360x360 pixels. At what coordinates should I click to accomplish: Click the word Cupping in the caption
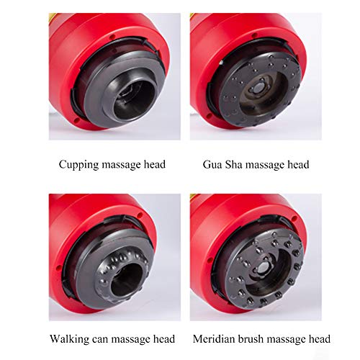click(78, 165)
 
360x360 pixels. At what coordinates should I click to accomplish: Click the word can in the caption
click(100, 338)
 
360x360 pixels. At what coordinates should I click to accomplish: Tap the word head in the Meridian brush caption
click(318, 338)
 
